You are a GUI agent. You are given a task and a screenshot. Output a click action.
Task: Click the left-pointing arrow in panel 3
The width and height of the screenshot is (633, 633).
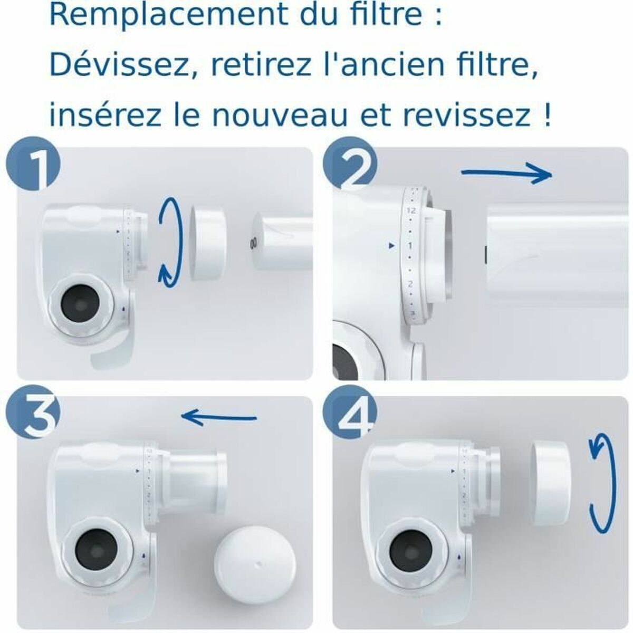[x=219, y=417]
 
